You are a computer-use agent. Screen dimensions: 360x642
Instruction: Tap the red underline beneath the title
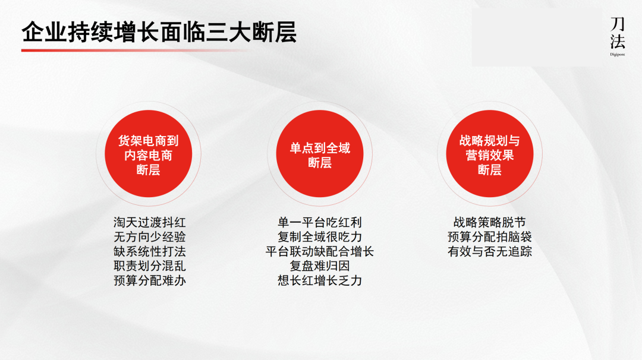pos(134,50)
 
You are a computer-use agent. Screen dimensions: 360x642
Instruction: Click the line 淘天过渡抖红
pos(150,223)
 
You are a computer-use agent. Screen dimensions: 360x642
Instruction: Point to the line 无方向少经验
pos(150,237)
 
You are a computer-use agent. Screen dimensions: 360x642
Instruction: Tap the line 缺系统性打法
pos(150,251)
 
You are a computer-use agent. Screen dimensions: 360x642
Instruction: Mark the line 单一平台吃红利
pos(320,223)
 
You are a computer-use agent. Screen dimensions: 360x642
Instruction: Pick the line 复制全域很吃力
pos(320,237)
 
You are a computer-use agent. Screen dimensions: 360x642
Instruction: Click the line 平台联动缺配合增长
pos(320,251)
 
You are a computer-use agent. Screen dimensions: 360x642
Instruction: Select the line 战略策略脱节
pos(489,223)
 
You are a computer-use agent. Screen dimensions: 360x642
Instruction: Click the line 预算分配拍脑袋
pos(489,237)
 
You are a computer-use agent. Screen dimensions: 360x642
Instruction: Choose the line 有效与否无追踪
pos(489,251)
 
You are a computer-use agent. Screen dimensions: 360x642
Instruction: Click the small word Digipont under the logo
pos(617,54)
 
